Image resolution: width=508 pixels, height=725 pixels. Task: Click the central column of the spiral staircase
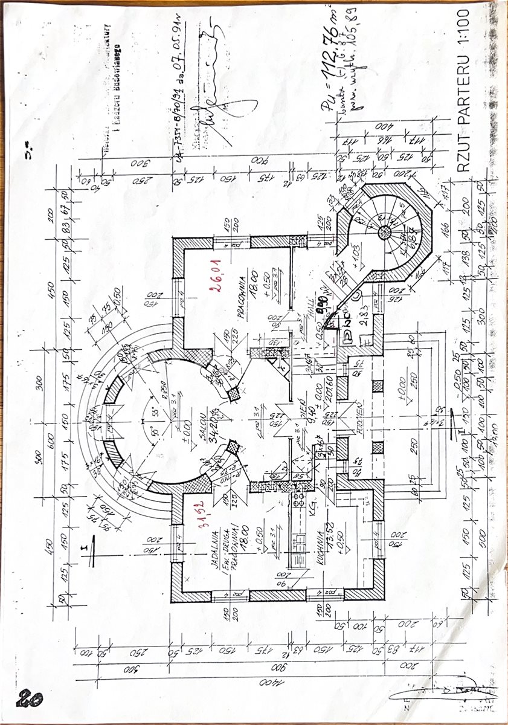(384, 231)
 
